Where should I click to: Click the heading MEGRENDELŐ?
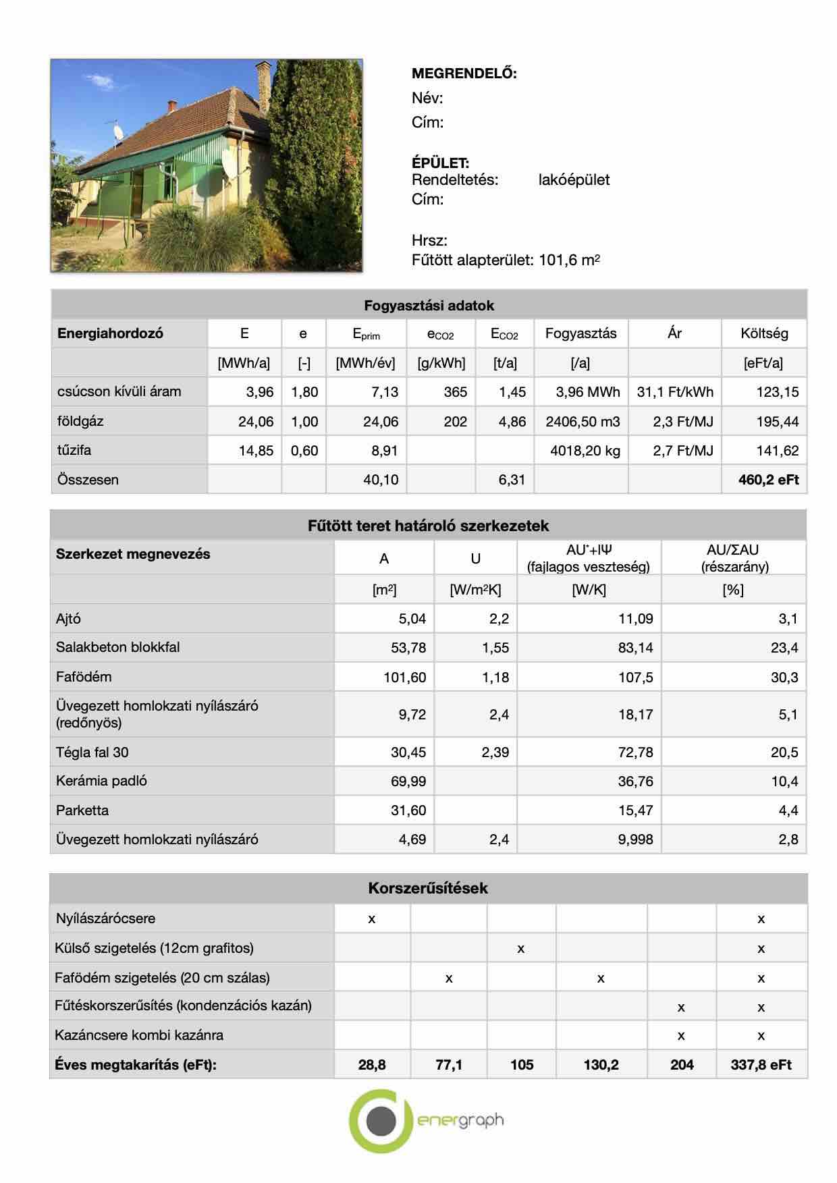click(464, 74)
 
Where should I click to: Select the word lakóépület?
click(574, 180)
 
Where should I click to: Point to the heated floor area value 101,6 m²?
click(569, 260)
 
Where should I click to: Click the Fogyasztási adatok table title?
click(429, 305)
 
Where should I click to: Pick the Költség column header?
click(763, 333)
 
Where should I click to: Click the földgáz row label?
click(80, 421)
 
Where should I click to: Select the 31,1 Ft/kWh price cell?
click(674, 392)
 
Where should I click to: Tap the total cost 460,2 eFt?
click(769, 480)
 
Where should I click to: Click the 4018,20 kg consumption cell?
click(585, 451)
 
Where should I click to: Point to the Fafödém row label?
click(84, 677)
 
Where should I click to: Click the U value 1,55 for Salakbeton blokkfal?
click(495, 648)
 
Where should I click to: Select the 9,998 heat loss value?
click(635, 840)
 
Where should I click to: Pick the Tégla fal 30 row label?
click(92, 752)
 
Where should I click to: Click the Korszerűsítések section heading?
click(428, 888)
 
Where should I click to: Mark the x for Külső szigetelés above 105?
click(520, 948)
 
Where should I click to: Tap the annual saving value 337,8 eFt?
click(761, 1064)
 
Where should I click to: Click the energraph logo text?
click(460, 1121)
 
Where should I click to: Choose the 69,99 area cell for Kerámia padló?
click(408, 781)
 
